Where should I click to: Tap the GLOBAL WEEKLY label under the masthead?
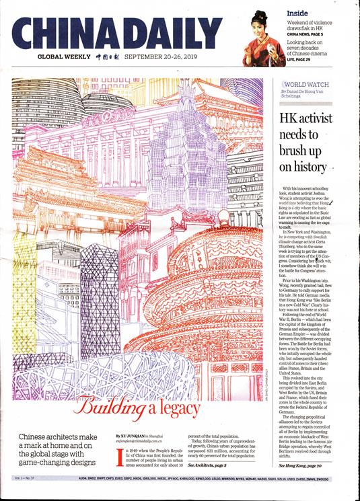click(65, 57)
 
